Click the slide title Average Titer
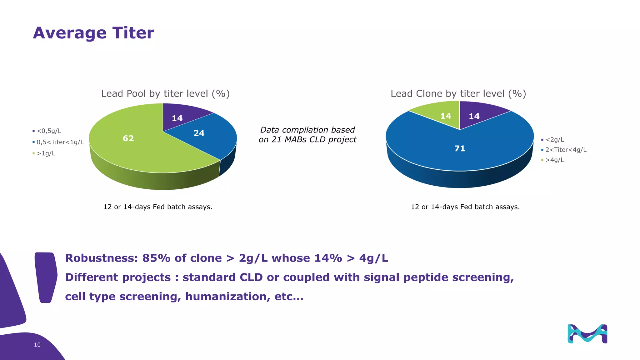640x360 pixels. (x=93, y=33)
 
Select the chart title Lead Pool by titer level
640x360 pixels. (x=165, y=93)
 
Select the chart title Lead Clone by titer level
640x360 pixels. (x=458, y=93)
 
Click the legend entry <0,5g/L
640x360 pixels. (x=49, y=131)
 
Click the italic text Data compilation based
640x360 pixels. (x=307, y=130)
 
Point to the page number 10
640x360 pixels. (x=37, y=345)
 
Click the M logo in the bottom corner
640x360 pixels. (x=587, y=334)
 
